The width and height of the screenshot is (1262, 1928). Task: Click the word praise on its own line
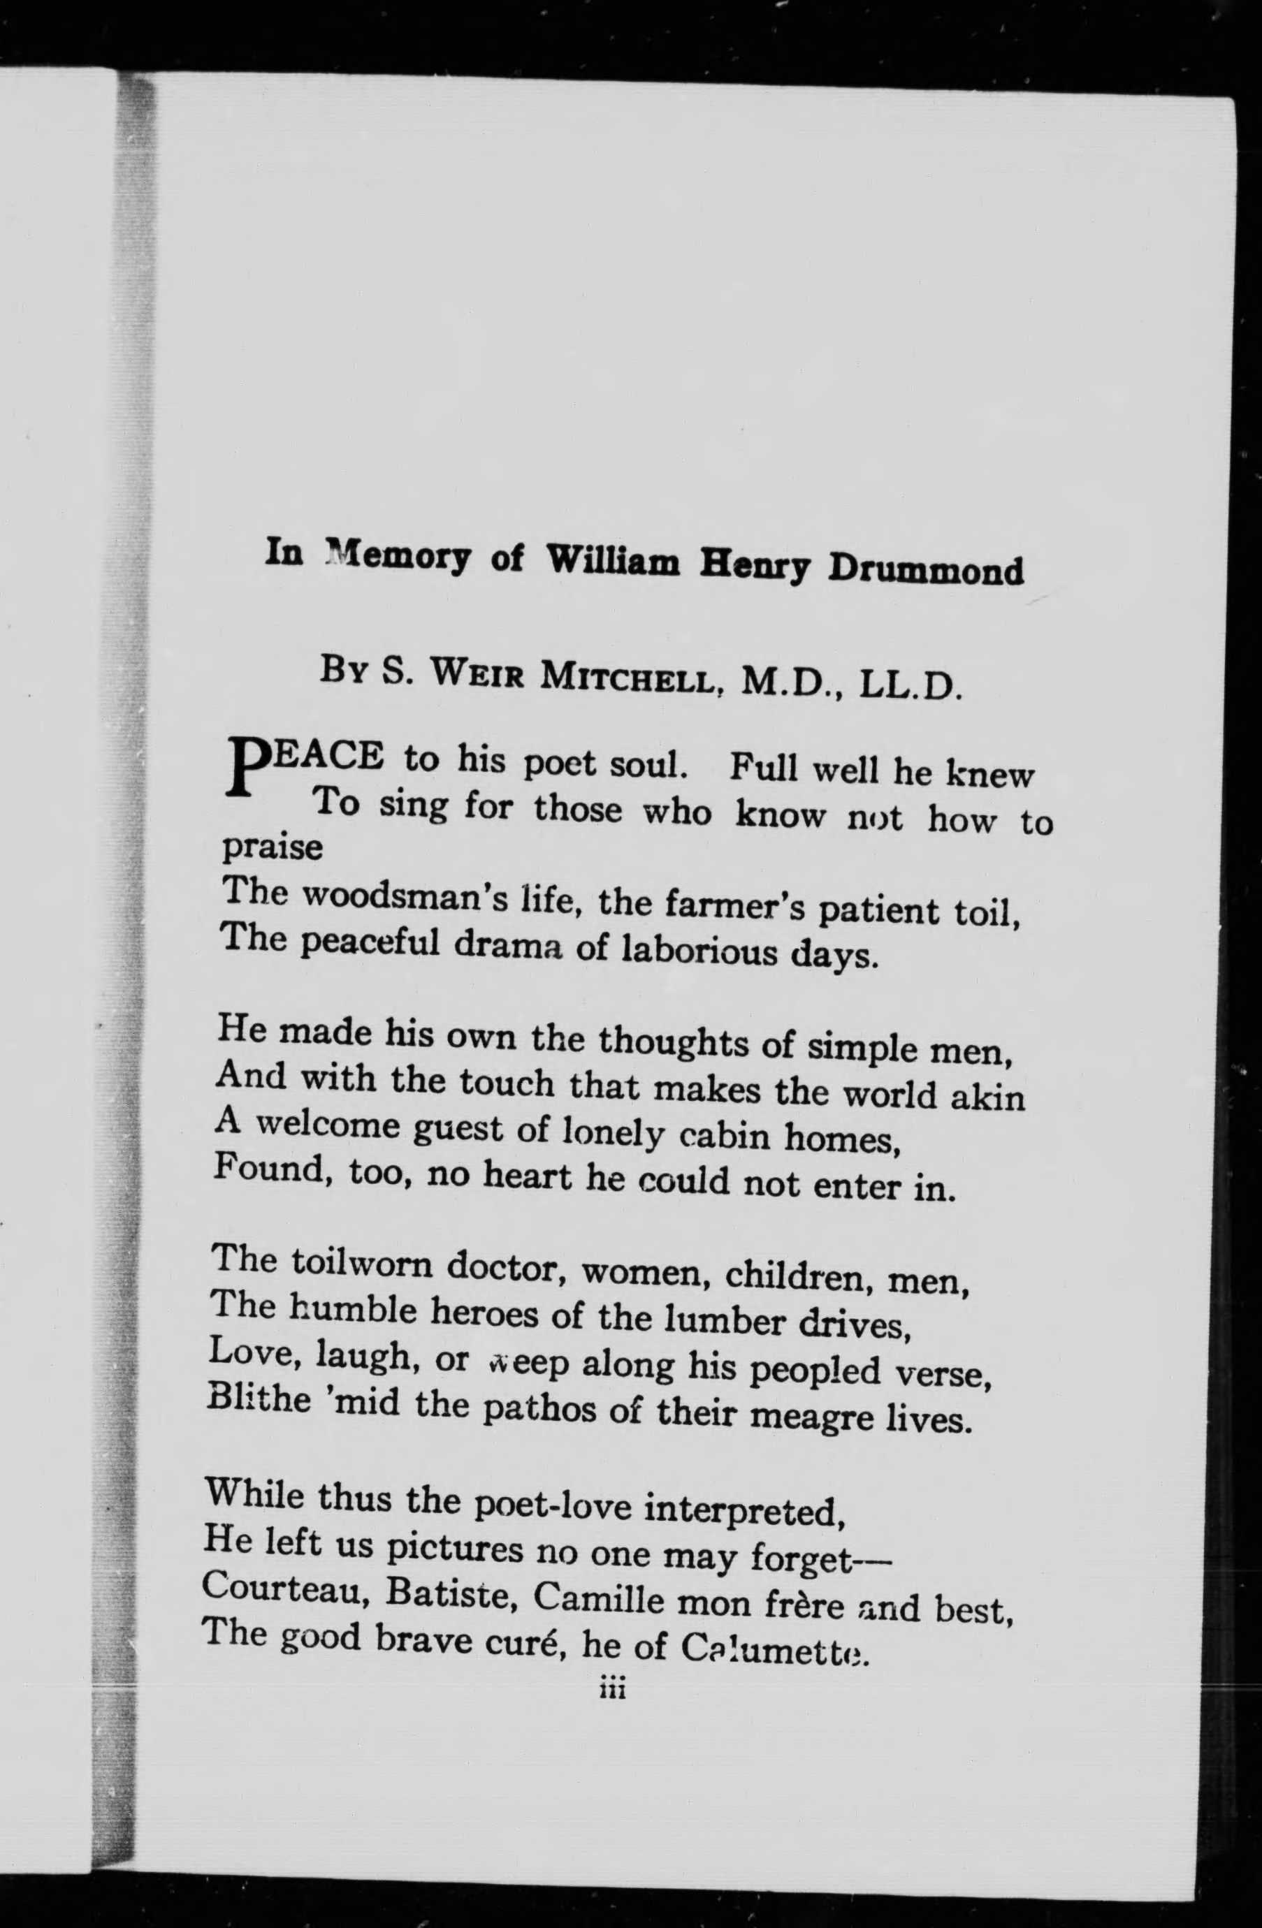(x=273, y=847)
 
